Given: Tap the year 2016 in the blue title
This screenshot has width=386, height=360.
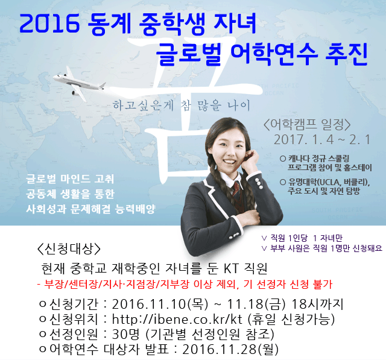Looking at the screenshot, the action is [49, 24].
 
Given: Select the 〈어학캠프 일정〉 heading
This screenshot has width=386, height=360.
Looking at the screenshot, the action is [307, 125].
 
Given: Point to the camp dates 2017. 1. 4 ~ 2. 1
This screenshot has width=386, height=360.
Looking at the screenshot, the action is [322, 140].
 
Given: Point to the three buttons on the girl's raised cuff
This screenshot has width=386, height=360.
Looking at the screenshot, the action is [258, 183].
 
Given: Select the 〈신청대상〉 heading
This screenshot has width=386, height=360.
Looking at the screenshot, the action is [69, 249].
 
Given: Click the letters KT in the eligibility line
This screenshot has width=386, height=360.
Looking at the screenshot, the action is [231, 268].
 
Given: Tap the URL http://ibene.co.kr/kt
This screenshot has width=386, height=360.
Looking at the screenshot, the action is [177, 319].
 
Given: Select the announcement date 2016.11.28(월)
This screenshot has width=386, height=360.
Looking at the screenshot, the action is [230, 349].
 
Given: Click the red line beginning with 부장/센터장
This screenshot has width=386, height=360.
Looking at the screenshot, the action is [185, 285].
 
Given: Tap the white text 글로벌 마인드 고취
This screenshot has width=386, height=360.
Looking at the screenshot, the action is [70, 179].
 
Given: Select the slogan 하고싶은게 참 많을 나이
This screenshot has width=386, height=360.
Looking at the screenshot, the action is [181, 106].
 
